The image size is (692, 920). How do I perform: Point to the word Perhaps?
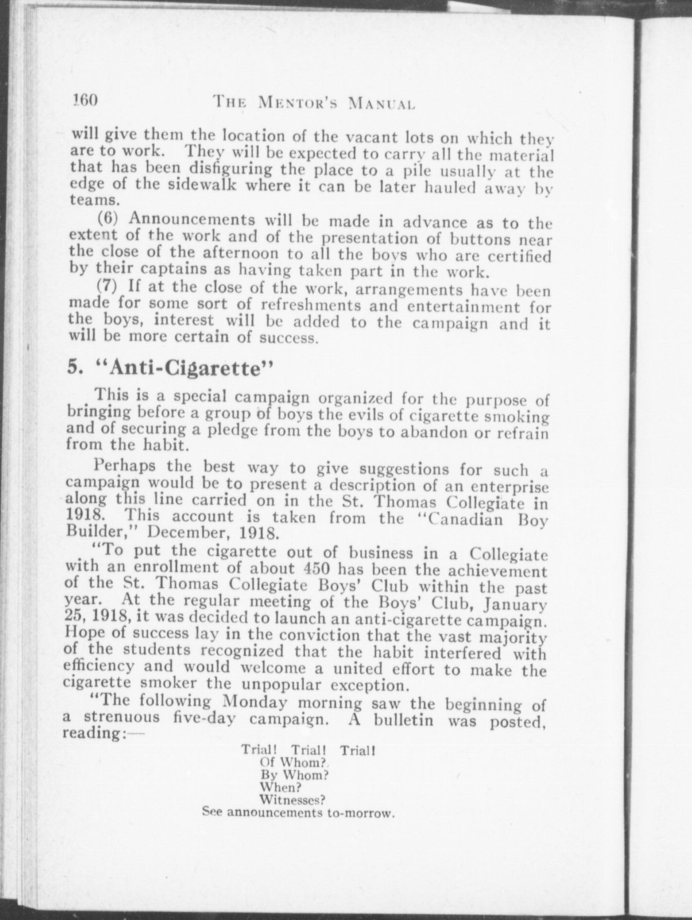point(125,466)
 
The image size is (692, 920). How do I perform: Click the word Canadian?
point(467,519)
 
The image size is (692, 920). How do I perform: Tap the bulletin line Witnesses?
point(291,800)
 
